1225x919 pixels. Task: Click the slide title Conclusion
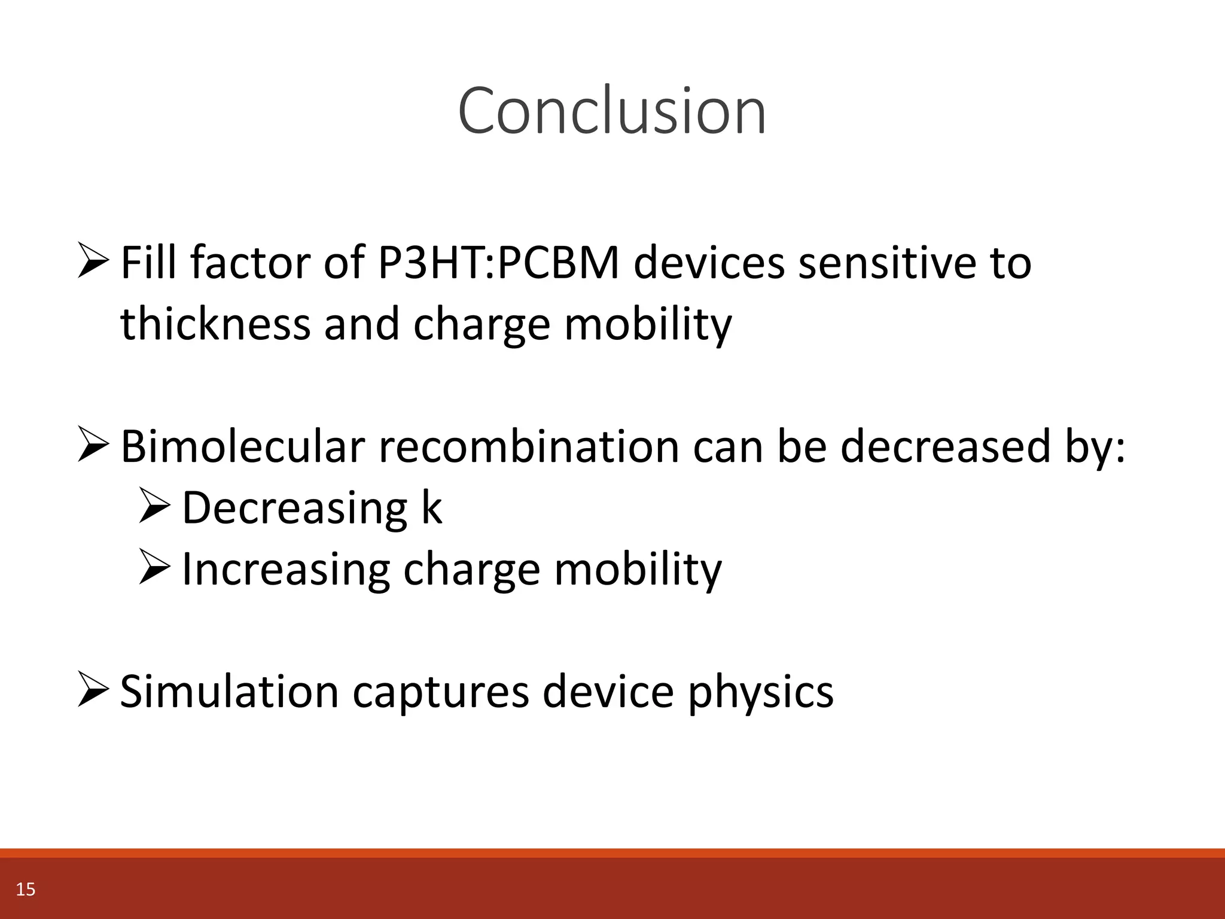[612, 111]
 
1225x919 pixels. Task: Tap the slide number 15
[26, 890]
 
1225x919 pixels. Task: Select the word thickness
[215, 324]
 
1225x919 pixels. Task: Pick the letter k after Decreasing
[431, 507]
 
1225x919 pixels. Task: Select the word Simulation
[229, 692]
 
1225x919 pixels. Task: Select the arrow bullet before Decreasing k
[154, 506]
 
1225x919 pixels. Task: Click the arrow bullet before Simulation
[93, 690]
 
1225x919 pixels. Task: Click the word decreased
[945, 446]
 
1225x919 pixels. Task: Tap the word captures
[441, 692]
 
